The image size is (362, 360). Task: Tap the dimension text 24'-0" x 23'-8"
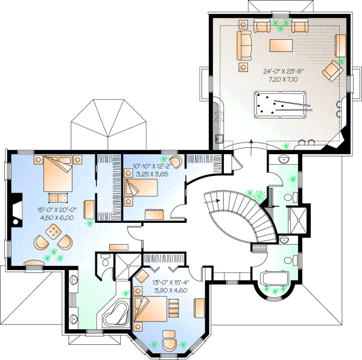click(282, 71)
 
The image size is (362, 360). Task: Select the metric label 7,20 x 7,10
click(282, 79)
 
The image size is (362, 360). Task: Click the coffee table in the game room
click(281, 45)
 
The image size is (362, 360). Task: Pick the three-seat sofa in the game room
click(244, 44)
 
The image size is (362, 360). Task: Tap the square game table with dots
click(54, 231)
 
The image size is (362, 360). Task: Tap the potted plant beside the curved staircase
click(258, 196)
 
